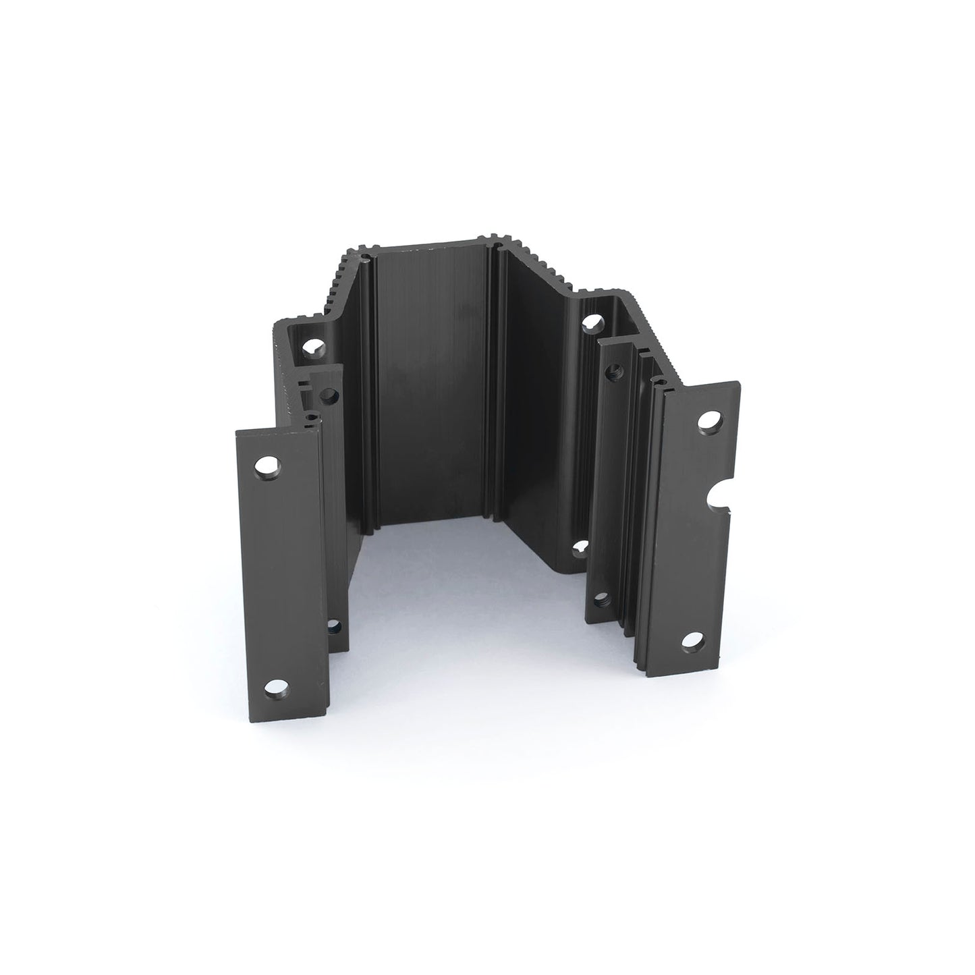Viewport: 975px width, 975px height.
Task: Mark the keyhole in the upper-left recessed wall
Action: point(312,347)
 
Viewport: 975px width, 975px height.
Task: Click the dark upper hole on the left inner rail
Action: point(329,395)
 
